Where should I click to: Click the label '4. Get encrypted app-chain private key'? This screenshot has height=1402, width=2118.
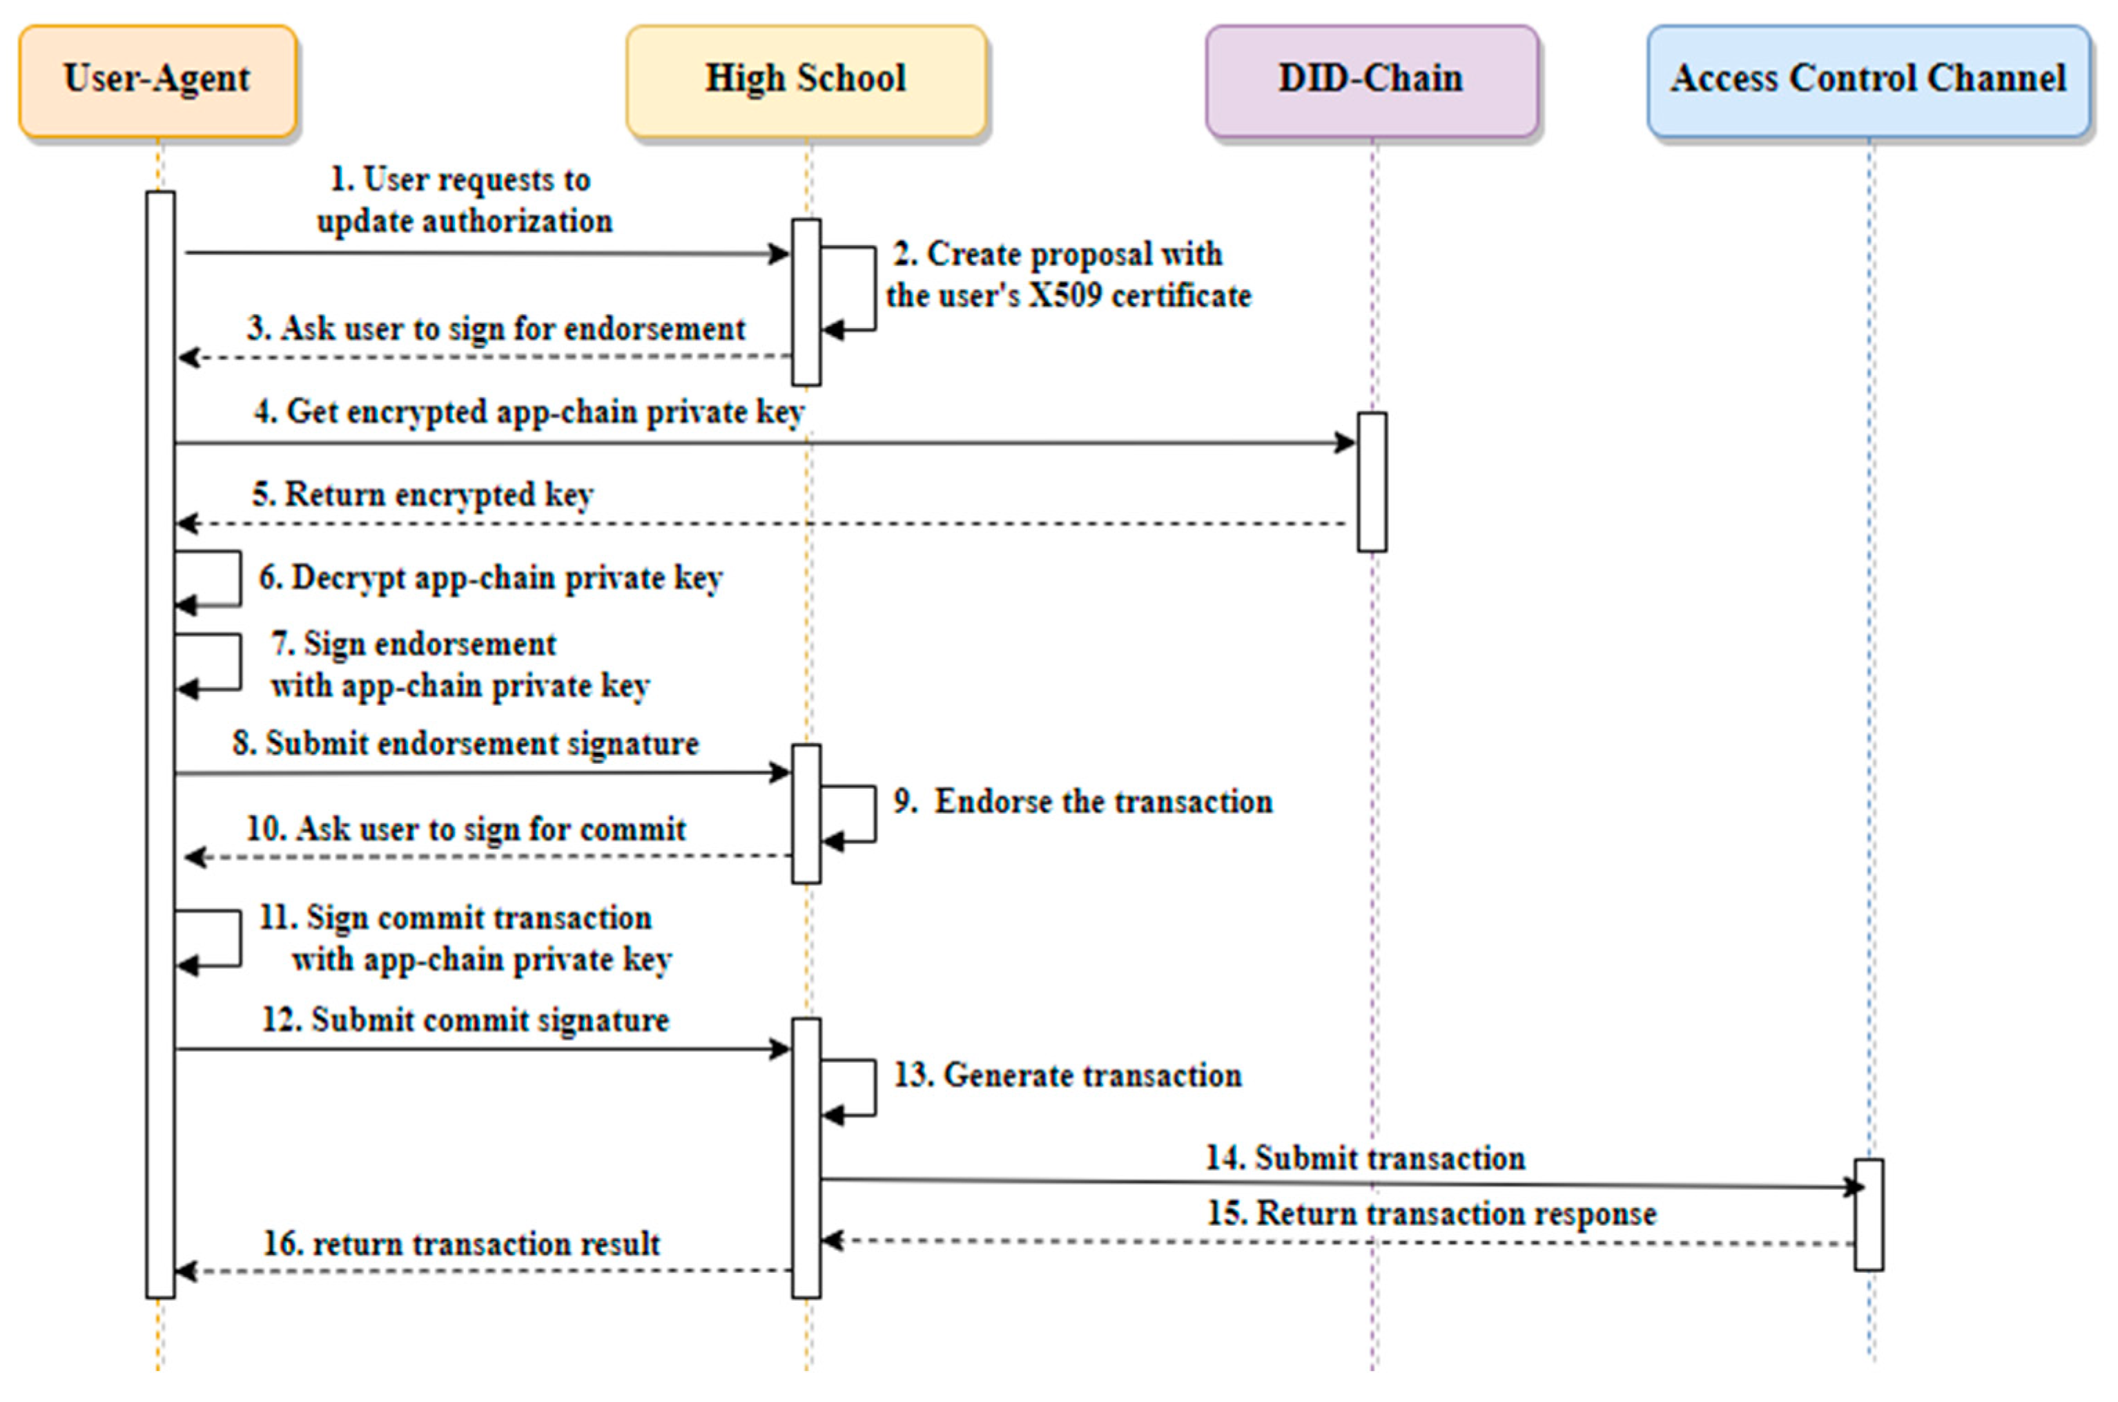pyautogui.click(x=529, y=412)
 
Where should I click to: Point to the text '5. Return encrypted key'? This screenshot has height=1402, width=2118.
pyautogui.click(x=422, y=494)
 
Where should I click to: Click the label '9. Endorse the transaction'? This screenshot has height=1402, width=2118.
pyautogui.click(x=1083, y=802)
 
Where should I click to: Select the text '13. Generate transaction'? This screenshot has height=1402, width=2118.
pyautogui.click(x=1068, y=1075)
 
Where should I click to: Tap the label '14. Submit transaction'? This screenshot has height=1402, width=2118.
pyautogui.click(x=1365, y=1159)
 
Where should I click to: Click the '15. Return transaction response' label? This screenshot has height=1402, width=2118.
pyautogui.click(x=1432, y=1214)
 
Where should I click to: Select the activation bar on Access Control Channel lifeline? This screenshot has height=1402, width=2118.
pyautogui.click(x=1868, y=1214)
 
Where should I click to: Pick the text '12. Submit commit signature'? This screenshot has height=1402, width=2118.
pyautogui.click(x=465, y=1020)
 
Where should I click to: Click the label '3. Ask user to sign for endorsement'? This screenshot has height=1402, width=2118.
pyautogui.click(x=496, y=329)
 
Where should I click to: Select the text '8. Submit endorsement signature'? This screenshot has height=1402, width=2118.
pyautogui.click(x=465, y=744)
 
